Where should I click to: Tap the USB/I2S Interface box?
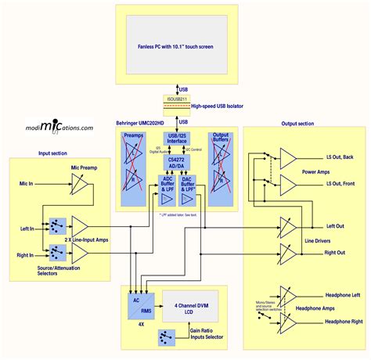pyautogui.click(x=182, y=138)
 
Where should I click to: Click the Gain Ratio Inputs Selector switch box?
pyautogui.click(x=165, y=337)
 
